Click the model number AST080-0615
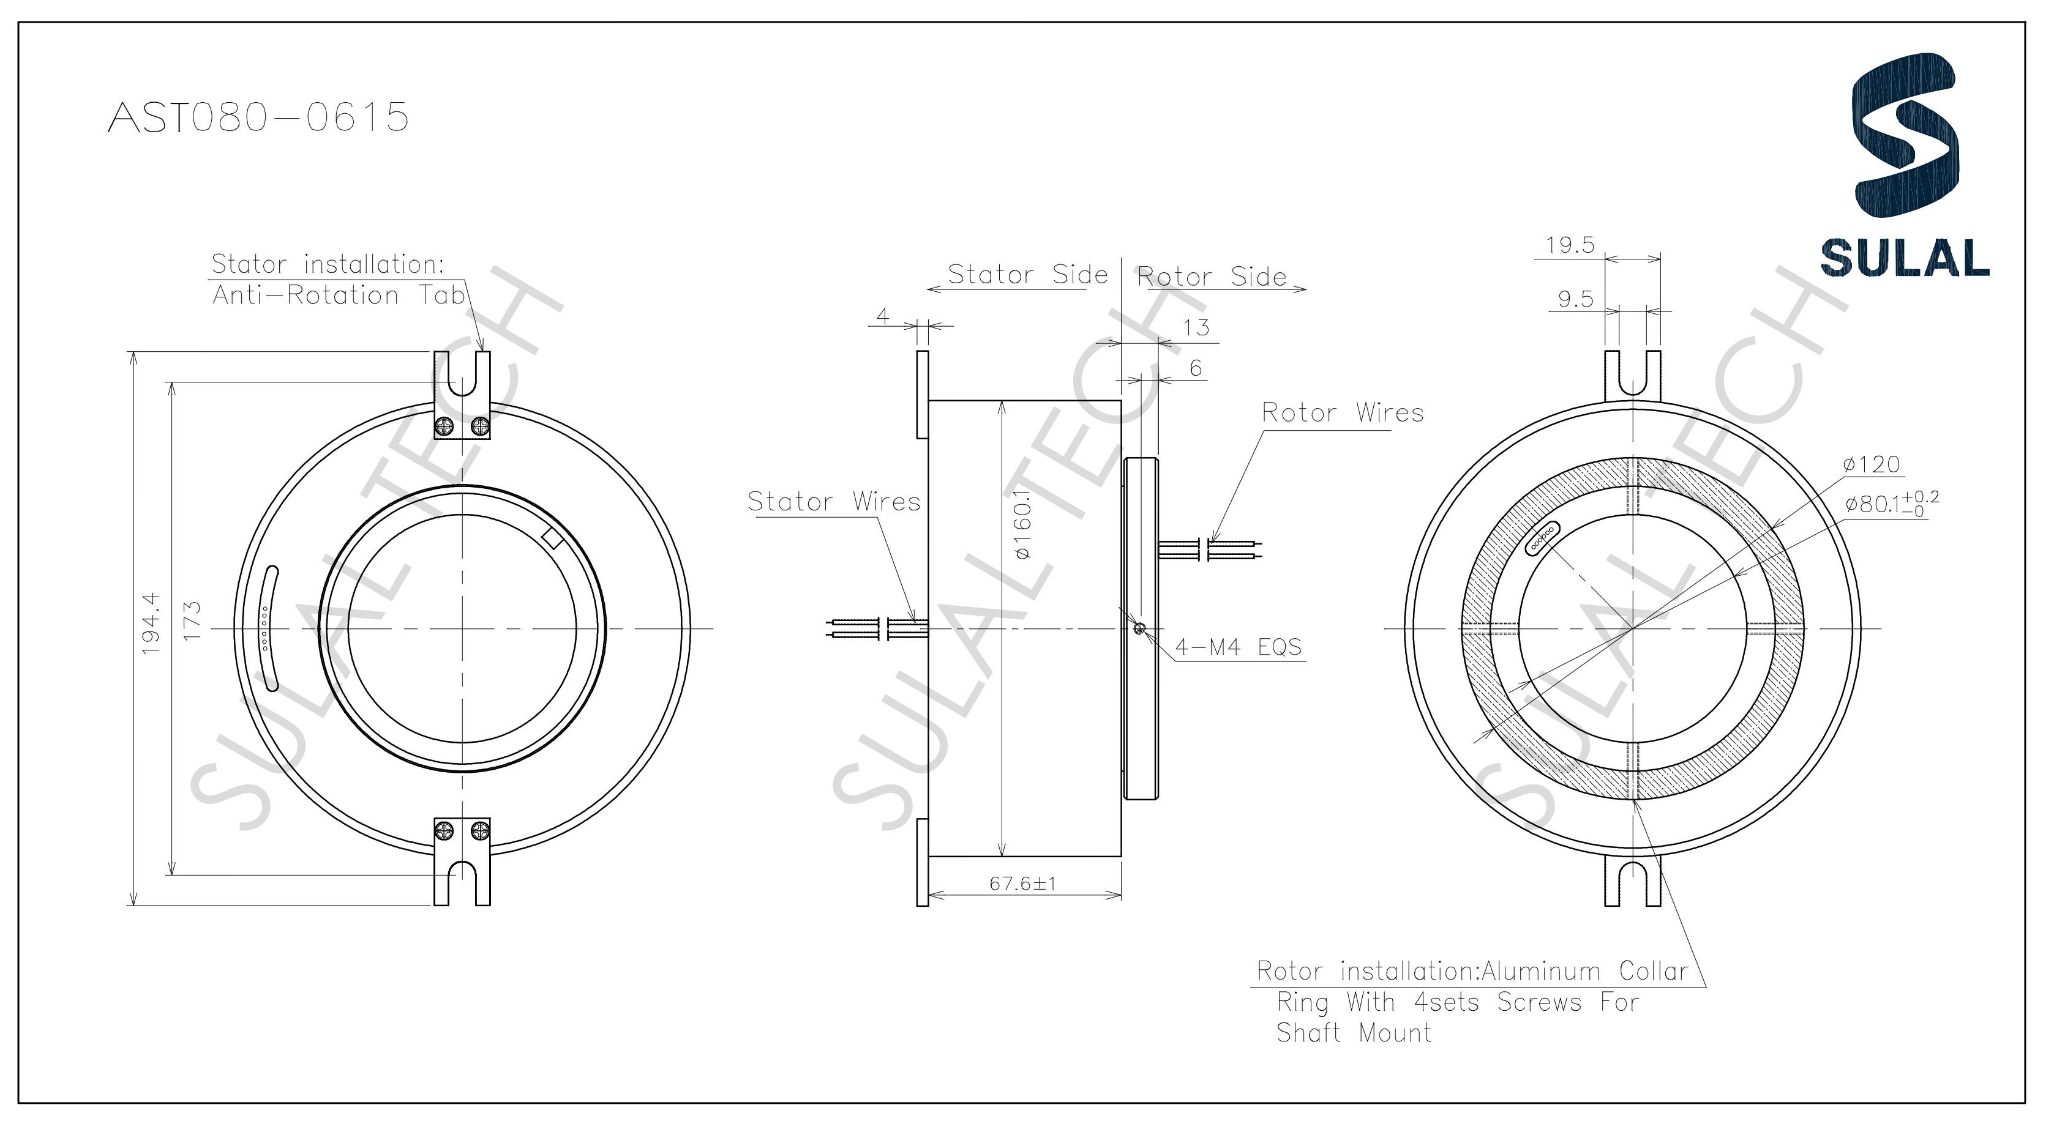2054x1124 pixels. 258,117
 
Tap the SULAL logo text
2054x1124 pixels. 1904,258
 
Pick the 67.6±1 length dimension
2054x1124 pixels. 1022,884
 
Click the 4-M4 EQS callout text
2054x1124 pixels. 1239,647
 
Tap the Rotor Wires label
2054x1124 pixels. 1342,413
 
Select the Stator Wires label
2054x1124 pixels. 833,501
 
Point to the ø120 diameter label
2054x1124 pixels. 1872,464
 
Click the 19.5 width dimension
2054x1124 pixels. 1569,245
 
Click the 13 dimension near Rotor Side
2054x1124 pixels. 1196,327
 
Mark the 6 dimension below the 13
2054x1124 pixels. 1195,368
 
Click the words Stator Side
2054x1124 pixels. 1027,274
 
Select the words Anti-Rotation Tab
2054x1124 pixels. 338,296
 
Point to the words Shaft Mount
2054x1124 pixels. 1353,1033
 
